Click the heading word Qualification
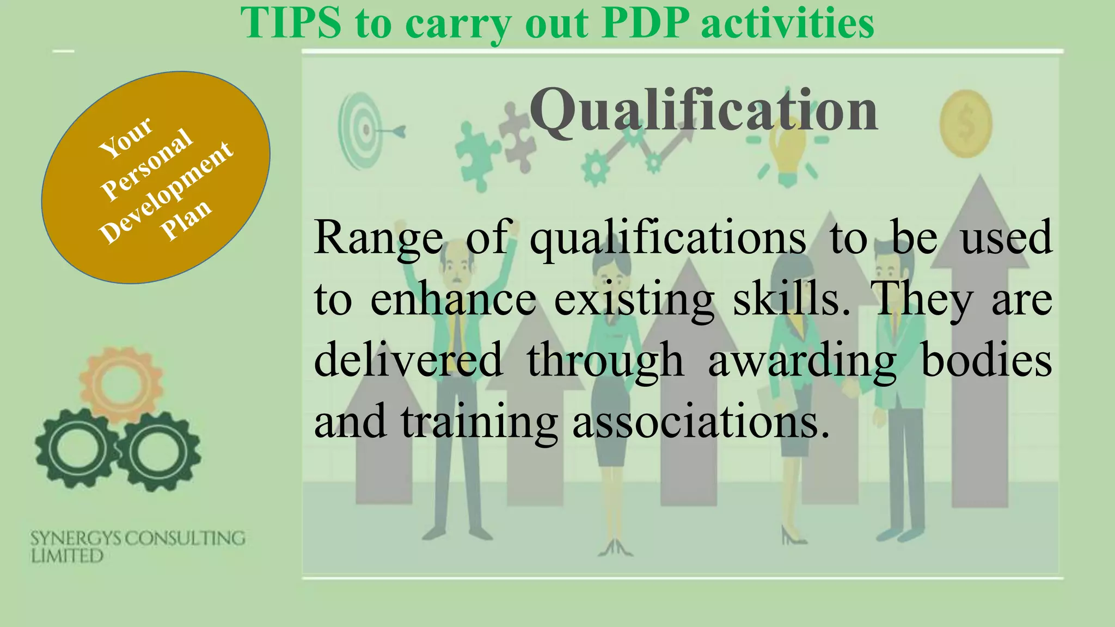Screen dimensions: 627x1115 click(703, 110)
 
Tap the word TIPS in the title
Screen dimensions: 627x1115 click(291, 23)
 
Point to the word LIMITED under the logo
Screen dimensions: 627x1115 click(67, 556)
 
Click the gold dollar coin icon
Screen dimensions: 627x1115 click(965, 124)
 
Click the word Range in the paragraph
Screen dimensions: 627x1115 click(378, 238)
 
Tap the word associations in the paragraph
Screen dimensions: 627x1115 click(701, 422)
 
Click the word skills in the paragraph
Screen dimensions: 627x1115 click(791, 299)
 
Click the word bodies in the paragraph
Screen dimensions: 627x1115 click(986, 360)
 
